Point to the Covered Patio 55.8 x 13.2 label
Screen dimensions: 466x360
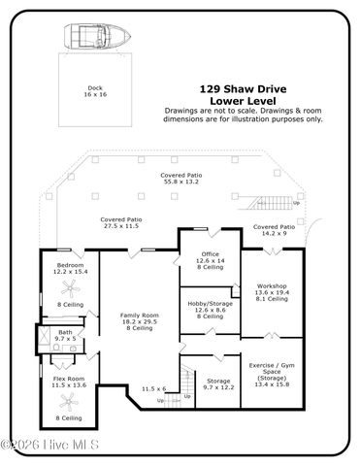click(x=180, y=178)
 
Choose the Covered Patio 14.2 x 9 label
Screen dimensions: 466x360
click(x=273, y=230)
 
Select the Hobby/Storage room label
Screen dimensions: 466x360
click(x=210, y=309)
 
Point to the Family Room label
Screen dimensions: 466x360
click(x=139, y=321)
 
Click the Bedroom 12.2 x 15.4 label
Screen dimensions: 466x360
click(x=69, y=269)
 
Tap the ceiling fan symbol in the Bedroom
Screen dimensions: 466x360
click(x=69, y=288)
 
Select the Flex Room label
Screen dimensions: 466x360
click(x=68, y=382)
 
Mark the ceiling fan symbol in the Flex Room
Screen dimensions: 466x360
click(x=68, y=401)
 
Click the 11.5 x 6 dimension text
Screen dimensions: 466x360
click(x=153, y=388)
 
